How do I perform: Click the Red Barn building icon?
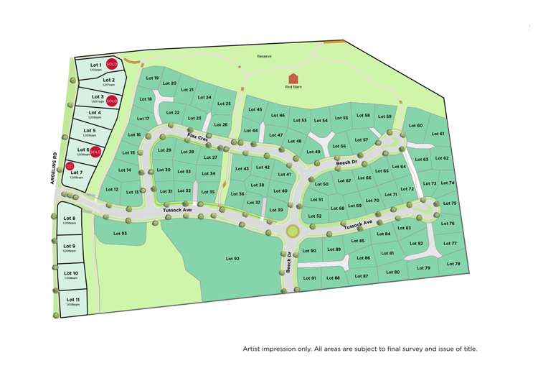(x=293, y=78)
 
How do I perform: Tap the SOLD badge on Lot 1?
(x=111, y=64)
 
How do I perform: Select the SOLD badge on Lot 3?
(x=111, y=101)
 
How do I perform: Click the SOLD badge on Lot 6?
(x=95, y=152)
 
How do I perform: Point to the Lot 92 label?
(x=232, y=257)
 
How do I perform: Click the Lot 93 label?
(x=120, y=234)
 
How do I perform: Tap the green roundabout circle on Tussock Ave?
(x=292, y=231)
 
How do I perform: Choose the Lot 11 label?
(x=72, y=299)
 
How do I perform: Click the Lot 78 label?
(x=453, y=264)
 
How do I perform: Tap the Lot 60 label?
(x=415, y=125)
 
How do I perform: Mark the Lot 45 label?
(x=255, y=109)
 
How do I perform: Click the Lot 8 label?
(x=70, y=218)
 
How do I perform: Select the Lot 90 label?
(x=309, y=251)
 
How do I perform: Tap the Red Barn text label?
(x=293, y=87)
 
